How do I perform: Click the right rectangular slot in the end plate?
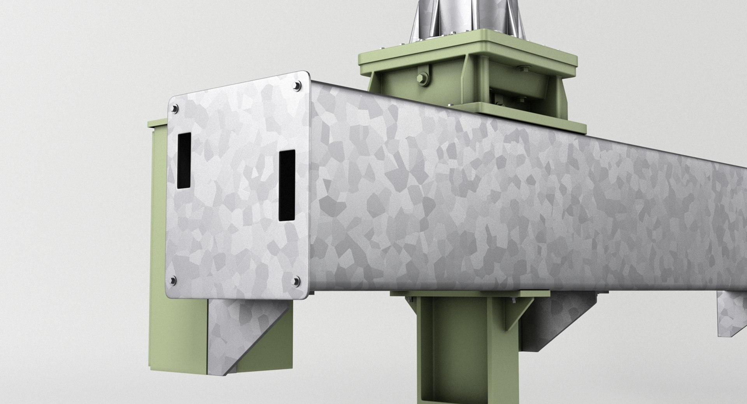pos(287,185)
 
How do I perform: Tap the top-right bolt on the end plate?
pos(298,86)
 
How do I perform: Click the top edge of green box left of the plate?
pos(158,124)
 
